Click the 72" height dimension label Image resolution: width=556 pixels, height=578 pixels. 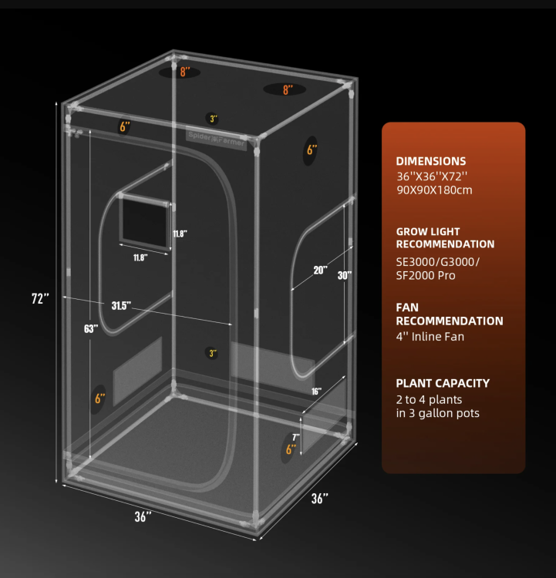(40, 298)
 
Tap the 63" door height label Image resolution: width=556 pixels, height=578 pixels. (91, 328)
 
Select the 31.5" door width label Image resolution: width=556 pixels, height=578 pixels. (121, 306)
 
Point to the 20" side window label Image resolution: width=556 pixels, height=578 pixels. (320, 271)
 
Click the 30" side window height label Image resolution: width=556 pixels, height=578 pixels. (345, 275)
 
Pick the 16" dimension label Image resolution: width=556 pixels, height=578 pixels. (316, 391)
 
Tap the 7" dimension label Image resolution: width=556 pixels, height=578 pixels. (296, 438)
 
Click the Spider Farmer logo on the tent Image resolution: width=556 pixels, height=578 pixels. (216, 139)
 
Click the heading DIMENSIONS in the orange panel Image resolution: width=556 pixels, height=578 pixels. (431, 161)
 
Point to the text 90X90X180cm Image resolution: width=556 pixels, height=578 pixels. (434, 190)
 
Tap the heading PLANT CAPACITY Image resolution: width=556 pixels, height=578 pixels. (443, 383)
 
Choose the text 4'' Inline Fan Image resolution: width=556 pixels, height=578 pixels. (430, 337)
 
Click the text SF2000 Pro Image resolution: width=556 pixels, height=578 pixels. (426, 275)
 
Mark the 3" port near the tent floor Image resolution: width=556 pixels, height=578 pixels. (212, 353)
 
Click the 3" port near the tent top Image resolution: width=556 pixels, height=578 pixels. (213, 119)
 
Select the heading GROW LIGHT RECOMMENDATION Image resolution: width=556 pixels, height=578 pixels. (445, 238)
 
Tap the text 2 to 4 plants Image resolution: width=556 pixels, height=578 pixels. (429, 399)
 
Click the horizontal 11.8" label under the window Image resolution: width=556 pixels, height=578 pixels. (140, 257)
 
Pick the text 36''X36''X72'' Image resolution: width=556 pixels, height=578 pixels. (432, 176)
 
